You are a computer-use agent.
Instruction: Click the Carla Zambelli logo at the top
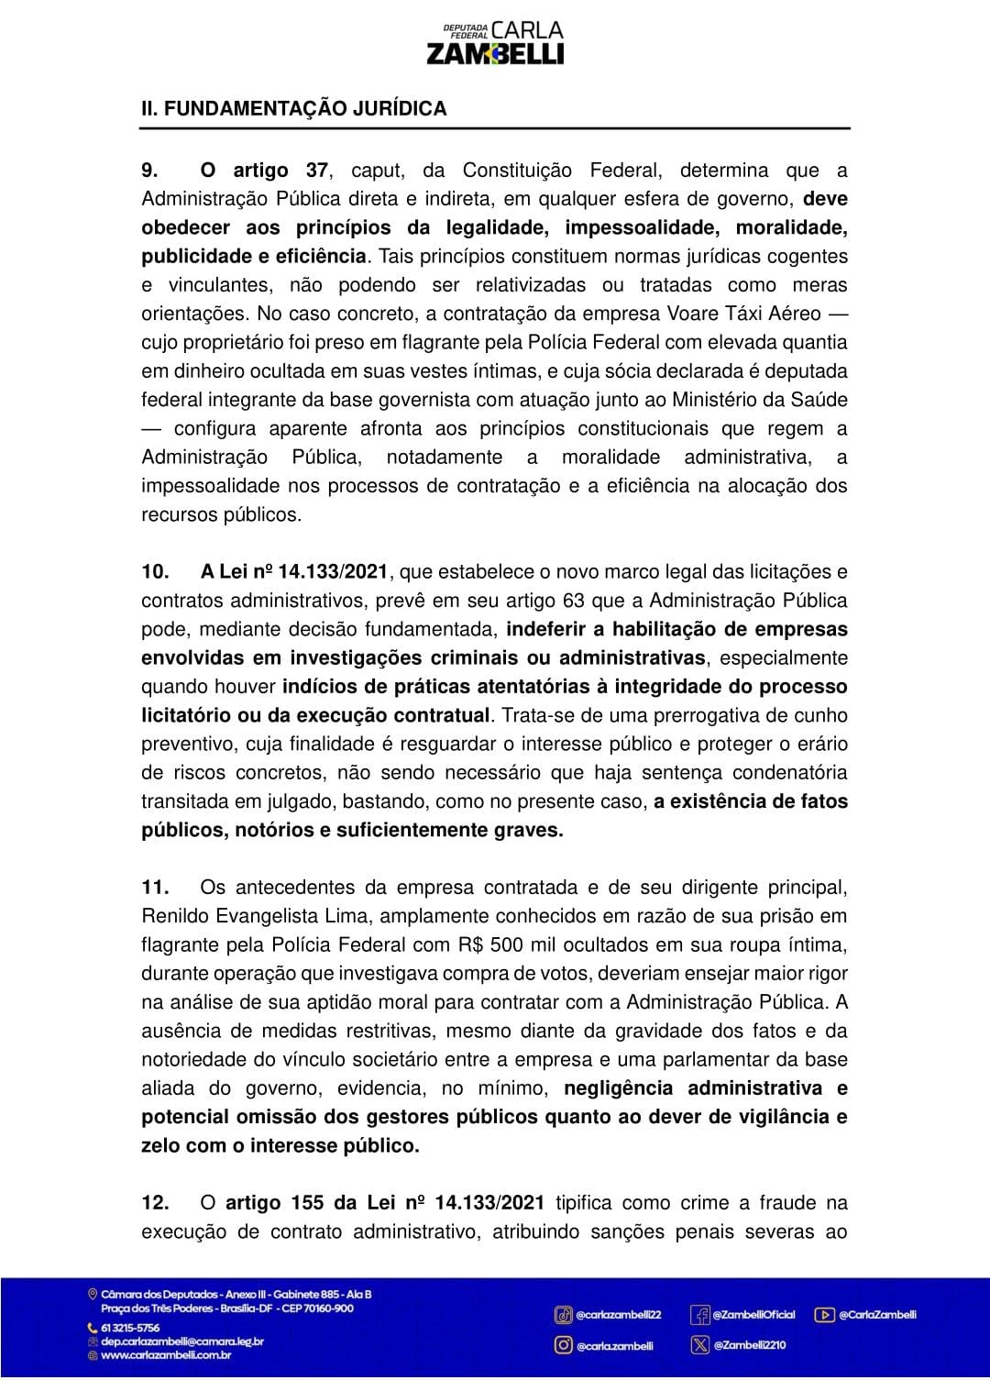coord(495,43)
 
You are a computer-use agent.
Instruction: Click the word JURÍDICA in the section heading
coord(400,108)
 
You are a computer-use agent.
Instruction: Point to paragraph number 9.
coord(150,171)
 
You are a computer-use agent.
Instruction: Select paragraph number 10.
coord(155,572)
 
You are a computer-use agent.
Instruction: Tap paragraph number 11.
coord(154,888)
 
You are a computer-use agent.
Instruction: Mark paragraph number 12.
coord(155,1203)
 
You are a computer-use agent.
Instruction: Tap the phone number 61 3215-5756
coord(129,1328)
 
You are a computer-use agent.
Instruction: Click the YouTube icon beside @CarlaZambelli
coord(824,1315)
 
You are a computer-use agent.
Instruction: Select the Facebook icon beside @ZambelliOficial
coord(700,1316)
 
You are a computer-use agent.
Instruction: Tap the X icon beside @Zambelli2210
coord(700,1345)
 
